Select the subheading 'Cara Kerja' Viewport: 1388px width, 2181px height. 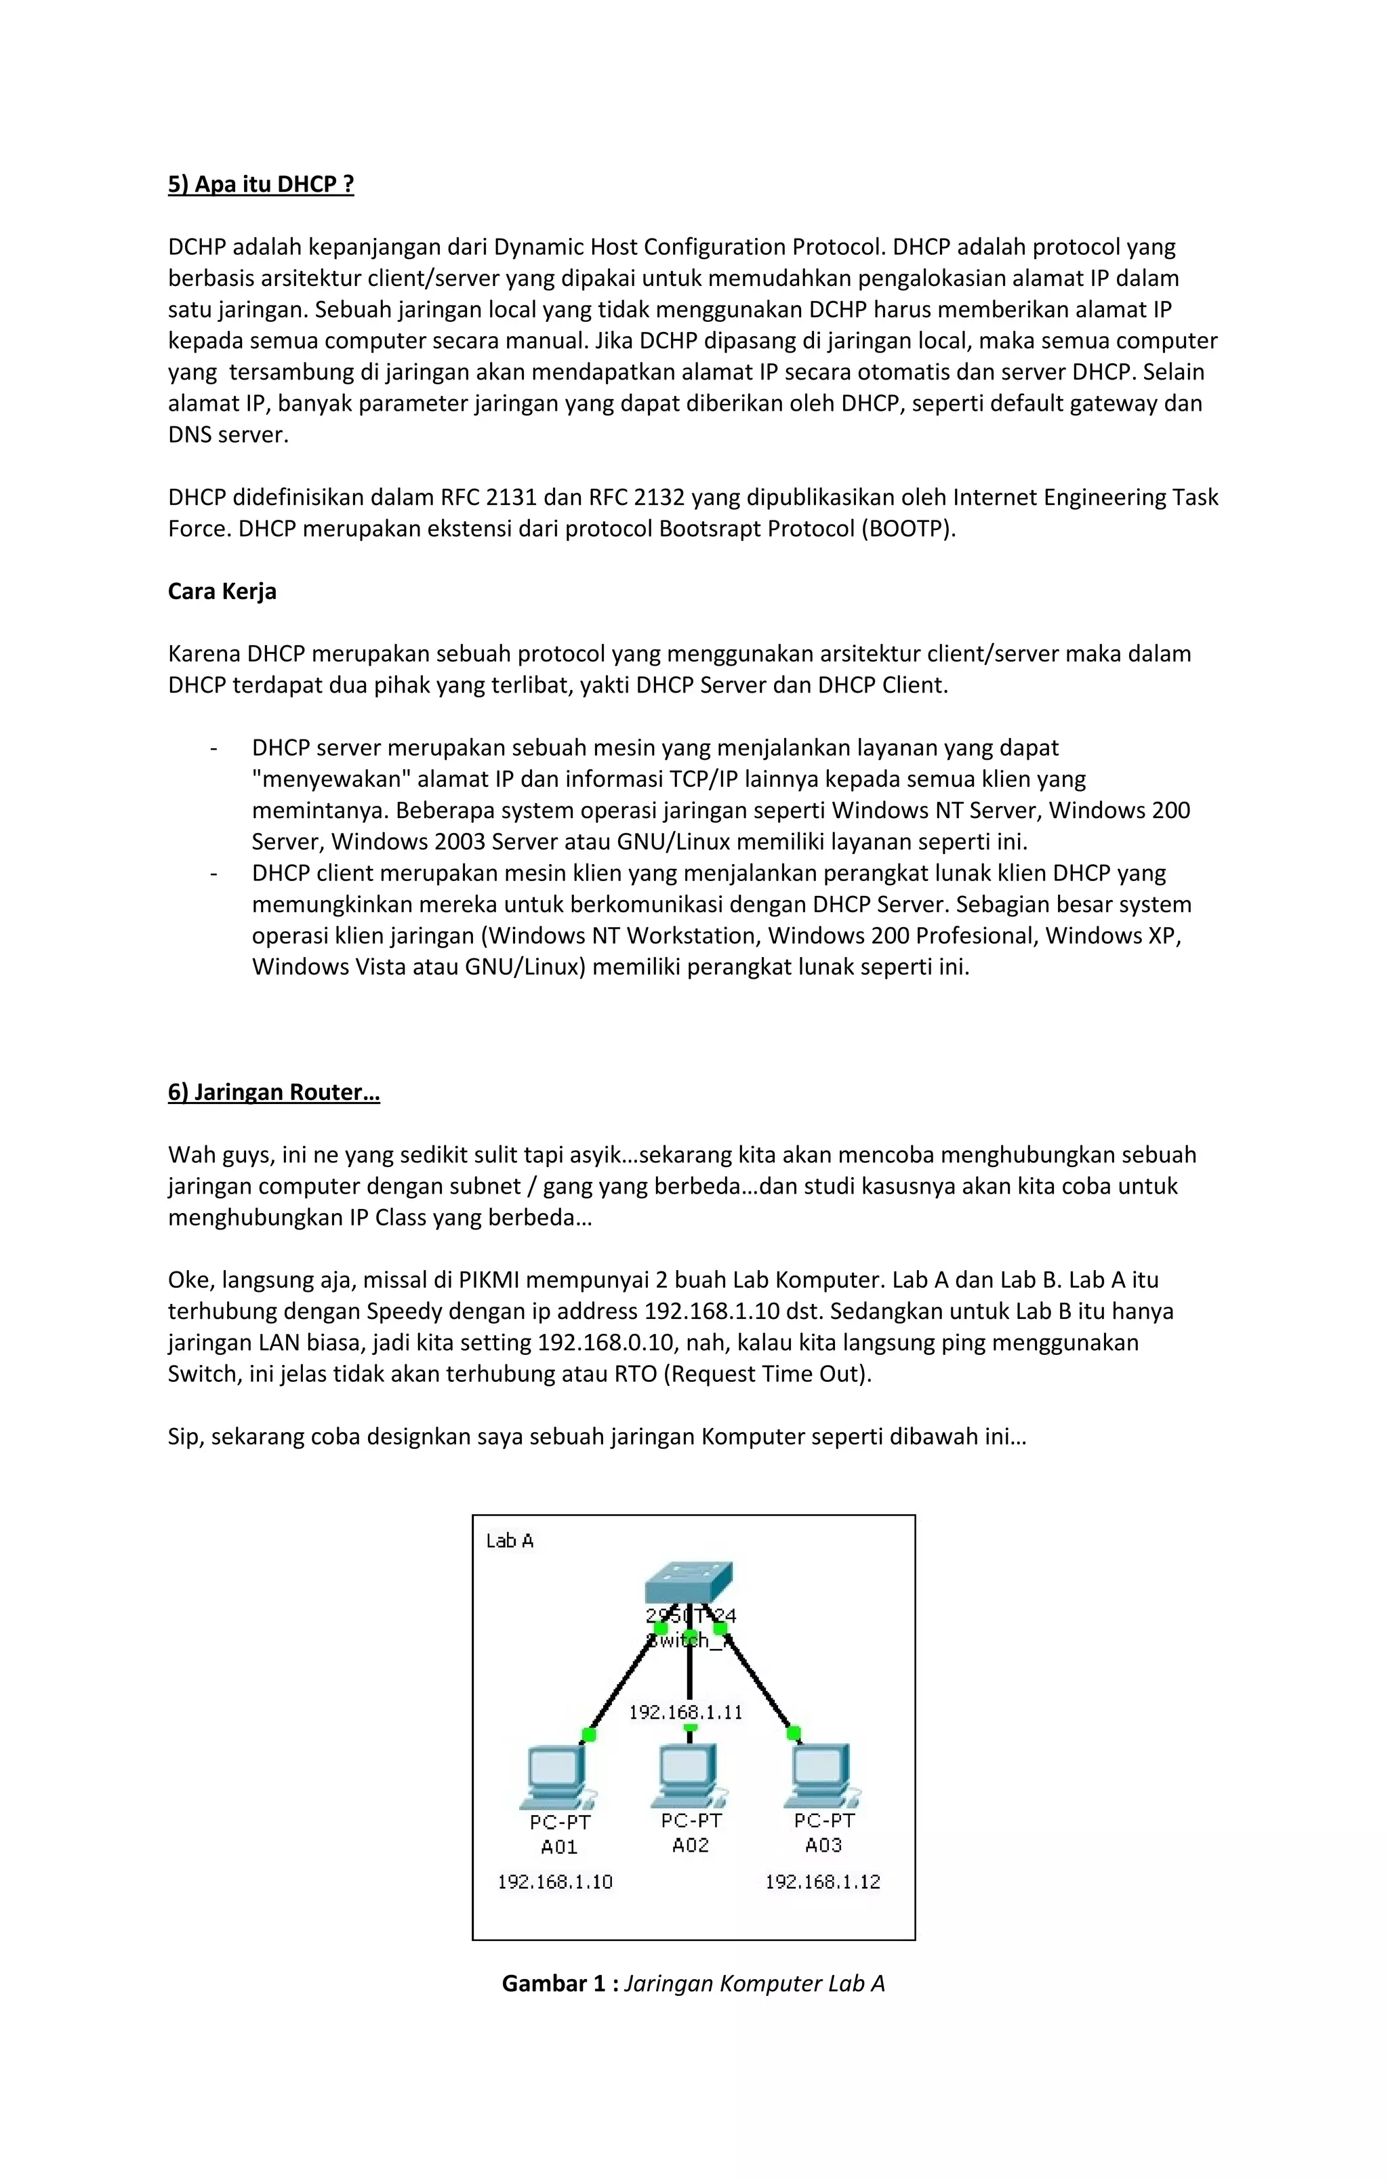(222, 592)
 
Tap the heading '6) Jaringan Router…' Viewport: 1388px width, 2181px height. (274, 1093)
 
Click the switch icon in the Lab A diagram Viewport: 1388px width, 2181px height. (689, 1583)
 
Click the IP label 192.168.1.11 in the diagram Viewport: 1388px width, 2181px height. (686, 1712)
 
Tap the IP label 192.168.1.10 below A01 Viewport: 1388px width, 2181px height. (554, 1882)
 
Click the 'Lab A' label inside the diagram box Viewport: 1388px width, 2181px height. (509, 1541)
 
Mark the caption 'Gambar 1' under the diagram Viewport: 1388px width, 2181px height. (554, 1984)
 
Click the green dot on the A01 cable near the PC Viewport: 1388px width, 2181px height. (589, 1734)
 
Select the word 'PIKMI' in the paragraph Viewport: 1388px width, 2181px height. (489, 1280)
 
